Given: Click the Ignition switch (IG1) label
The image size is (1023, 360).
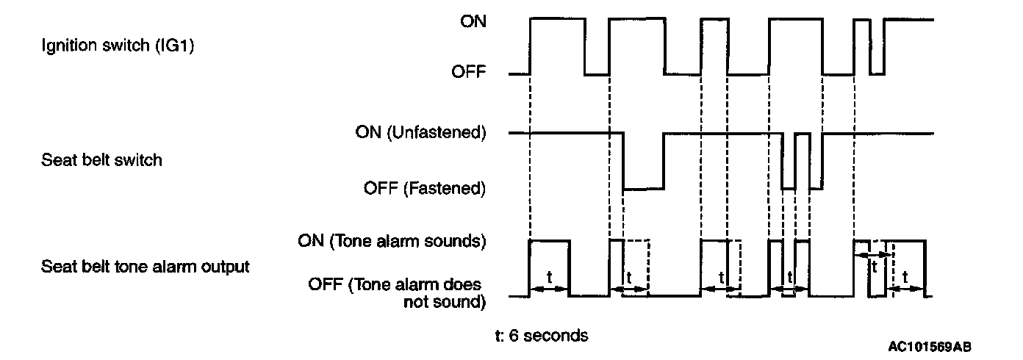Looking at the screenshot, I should [x=122, y=46].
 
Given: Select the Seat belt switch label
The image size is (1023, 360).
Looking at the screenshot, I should [x=102, y=159].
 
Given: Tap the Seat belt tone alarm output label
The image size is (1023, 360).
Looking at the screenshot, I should [x=146, y=267].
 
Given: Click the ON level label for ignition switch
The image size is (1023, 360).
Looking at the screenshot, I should [x=473, y=21].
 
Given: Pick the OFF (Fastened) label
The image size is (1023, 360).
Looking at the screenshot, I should [x=425, y=188].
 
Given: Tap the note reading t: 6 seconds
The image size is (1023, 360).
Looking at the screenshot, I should [x=542, y=336].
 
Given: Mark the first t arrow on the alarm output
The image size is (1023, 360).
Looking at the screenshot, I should [x=549, y=289].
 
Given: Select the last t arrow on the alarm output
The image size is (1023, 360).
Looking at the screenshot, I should [x=905, y=289].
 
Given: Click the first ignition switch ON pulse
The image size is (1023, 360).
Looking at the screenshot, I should [x=557, y=19].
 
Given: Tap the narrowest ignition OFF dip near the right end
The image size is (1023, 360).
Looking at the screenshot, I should [x=876, y=73].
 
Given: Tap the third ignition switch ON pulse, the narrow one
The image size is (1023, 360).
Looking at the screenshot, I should [x=714, y=19].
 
